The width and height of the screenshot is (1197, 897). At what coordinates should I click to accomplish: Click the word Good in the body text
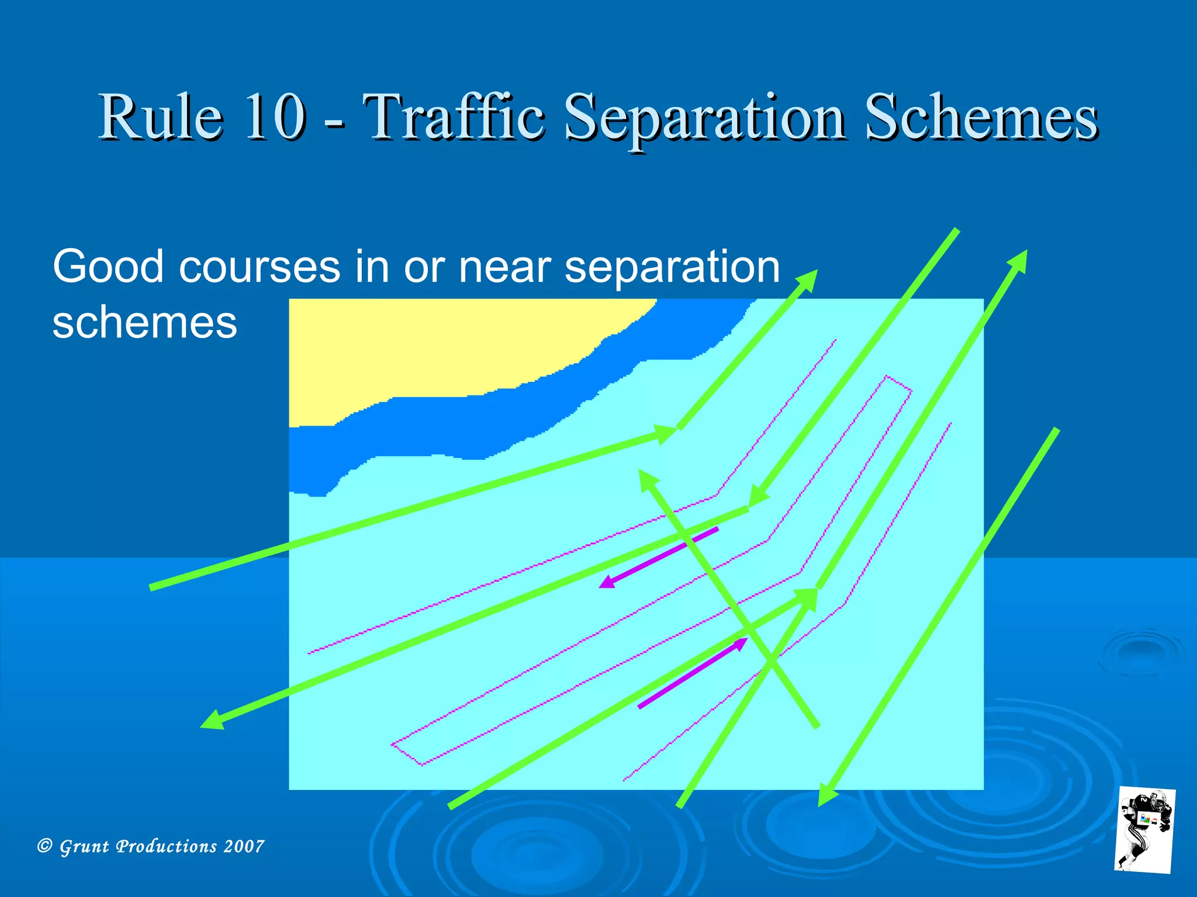click(x=108, y=267)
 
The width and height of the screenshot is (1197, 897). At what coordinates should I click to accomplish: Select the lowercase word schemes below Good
click(x=144, y=322)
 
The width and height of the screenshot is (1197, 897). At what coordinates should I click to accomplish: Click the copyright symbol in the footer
click(x=44, y=846)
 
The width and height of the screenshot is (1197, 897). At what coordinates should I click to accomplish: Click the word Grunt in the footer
click(x=84, y=846)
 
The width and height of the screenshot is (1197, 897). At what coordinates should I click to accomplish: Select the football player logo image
click(x=1144, y=830)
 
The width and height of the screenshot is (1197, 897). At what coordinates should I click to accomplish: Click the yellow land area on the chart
click(x=444, y=350)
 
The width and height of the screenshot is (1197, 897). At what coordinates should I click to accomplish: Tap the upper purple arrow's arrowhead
click(x=608, y=582)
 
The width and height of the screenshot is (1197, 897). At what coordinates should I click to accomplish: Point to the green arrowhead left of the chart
click(x=212, y=721)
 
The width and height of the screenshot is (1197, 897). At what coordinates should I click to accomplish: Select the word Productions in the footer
click(x=167, y=846)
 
